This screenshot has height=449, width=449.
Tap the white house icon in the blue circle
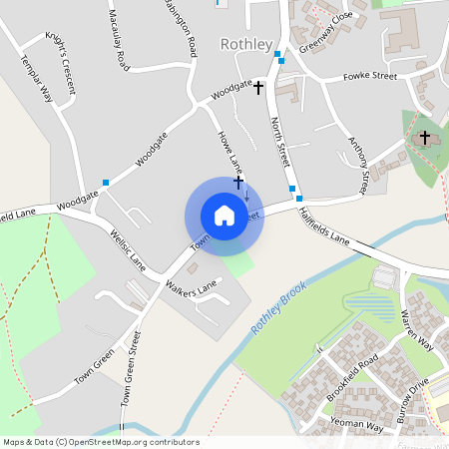[224, 216]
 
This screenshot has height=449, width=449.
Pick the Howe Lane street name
[228, 148]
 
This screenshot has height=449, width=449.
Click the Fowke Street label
[369, 76]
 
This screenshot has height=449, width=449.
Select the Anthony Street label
[359, 165]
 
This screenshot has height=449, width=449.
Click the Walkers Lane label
[193, 288]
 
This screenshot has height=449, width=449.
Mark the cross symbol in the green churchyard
[424, 137]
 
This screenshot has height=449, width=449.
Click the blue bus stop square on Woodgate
[106, 182]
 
